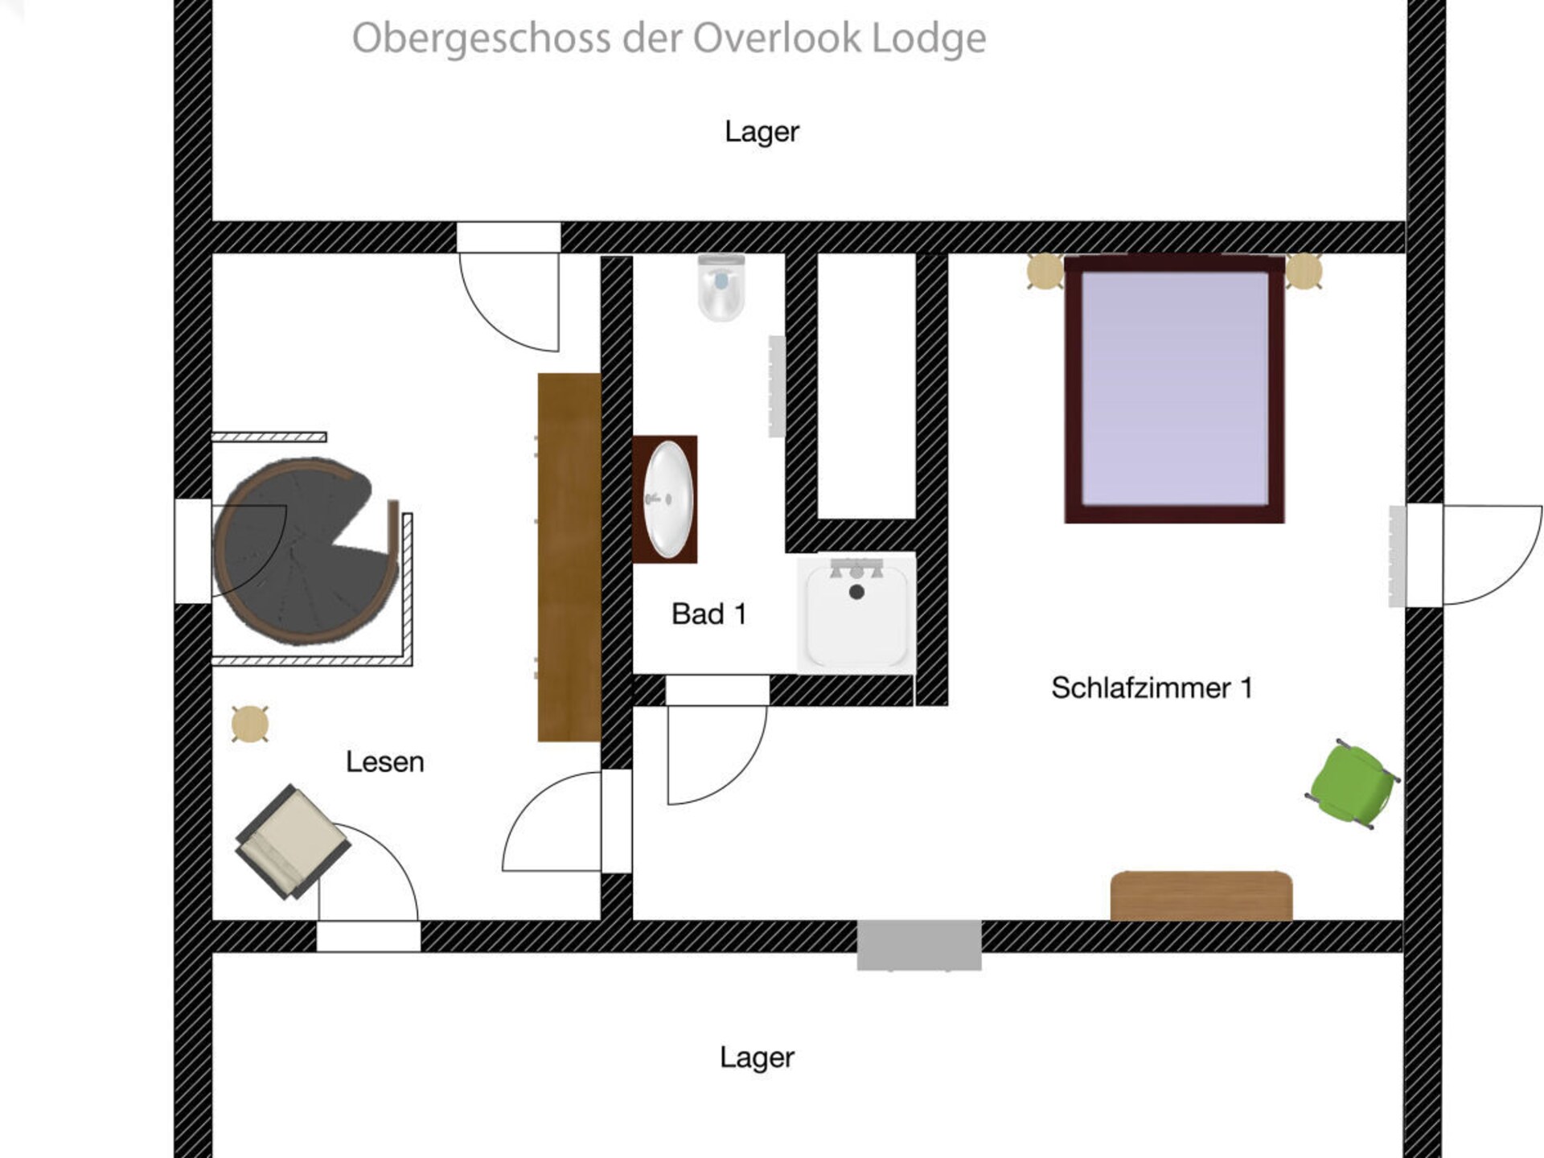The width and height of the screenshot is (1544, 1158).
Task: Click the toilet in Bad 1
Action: click(721, 287)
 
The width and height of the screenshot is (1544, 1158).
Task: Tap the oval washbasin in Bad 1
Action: click(668, 499)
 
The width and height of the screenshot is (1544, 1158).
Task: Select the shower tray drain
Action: click(856, 592)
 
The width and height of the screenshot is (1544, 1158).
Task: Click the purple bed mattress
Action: click(1174, 388)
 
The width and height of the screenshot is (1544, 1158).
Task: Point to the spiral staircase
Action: click(306, 552)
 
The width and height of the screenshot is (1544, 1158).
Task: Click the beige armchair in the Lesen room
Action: click(292, 841)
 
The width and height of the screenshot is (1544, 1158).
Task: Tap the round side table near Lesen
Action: click(249, 724)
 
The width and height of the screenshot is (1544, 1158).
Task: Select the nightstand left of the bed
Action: click(1045, 271)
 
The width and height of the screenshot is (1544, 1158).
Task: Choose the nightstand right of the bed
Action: click(1304, 271)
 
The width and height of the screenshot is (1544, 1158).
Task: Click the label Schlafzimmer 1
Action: click(1152, 688)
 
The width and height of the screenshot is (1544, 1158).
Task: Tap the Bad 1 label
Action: click(709, 614)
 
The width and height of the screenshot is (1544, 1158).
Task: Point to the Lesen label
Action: click(384, 762)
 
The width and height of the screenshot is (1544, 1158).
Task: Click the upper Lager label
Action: click(762, 132)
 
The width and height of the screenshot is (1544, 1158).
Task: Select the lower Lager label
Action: click(757, 1057)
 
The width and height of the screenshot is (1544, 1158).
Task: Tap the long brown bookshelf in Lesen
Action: click(569, 557)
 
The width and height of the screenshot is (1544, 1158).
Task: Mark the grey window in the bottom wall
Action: click(919, 945)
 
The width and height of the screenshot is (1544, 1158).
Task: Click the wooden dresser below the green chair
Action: click(1201, 896)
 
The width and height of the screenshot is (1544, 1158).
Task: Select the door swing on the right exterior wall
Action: click(1493, 555)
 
